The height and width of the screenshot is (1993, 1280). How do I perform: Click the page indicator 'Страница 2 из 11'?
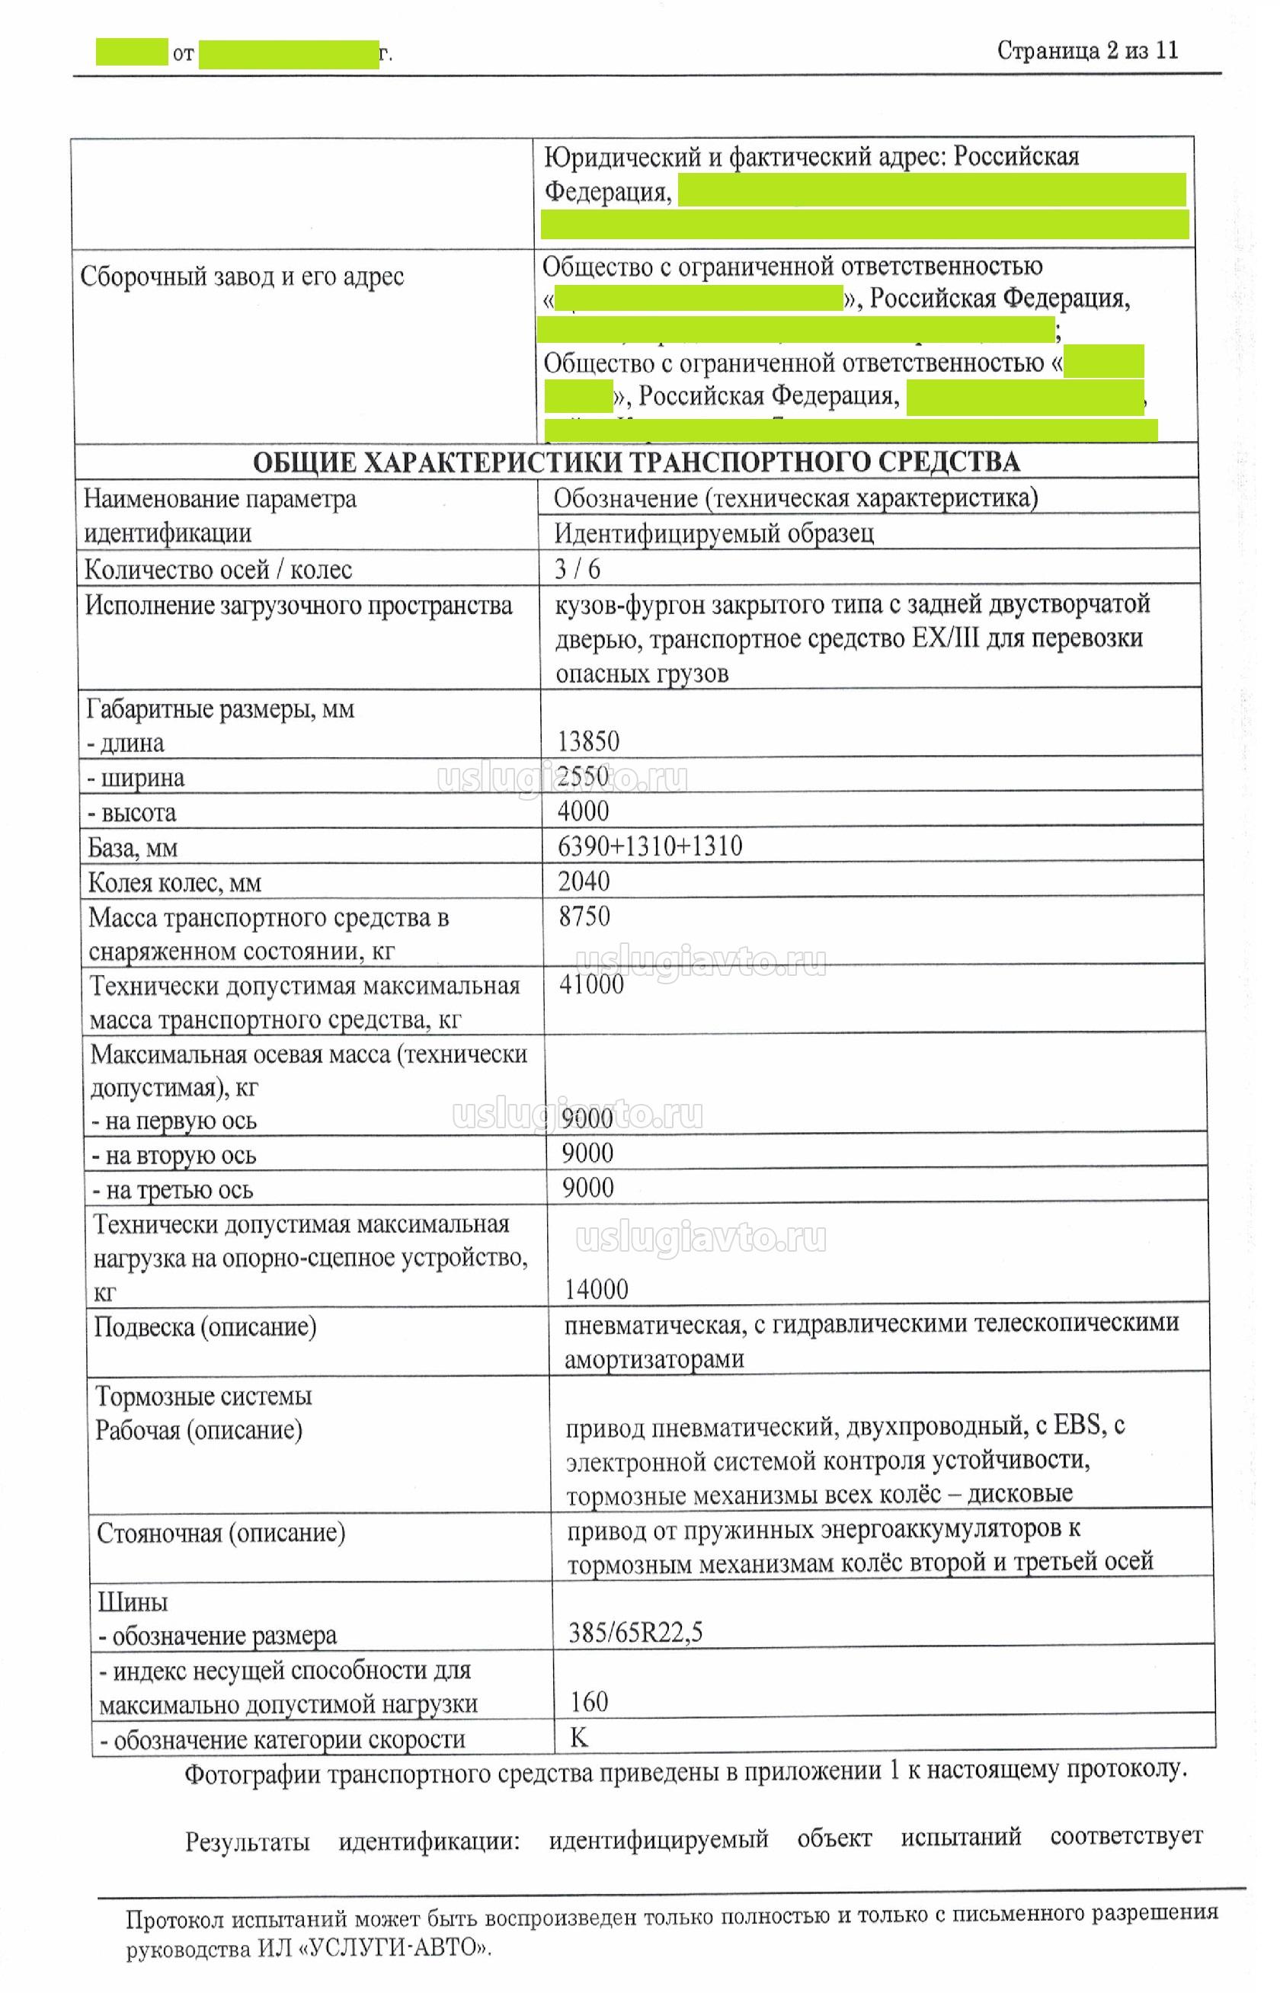point(1087,51)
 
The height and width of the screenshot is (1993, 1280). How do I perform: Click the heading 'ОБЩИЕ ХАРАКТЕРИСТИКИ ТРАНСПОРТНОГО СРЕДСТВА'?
point(636,462)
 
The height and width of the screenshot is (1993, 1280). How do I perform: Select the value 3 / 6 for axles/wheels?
point(577,568)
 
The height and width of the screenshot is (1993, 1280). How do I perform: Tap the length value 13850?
point(588,741)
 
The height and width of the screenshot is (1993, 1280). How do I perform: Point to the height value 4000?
point(584,811)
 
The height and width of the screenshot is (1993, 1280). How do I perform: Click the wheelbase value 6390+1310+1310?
point(650,846)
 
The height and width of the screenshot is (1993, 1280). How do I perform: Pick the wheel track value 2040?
point(584,881)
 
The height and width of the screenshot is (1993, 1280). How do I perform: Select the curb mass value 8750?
point(584,916)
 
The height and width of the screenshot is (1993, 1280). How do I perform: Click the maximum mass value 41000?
point(591,984)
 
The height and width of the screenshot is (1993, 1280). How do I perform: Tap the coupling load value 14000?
point(596,1289)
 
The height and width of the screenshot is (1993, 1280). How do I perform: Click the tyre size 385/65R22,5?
point(635,1633)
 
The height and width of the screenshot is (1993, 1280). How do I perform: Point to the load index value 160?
point(588,1701)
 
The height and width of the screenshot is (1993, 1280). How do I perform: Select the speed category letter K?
point(578,1737)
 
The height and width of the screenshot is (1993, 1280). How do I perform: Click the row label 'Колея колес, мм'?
point(174,883)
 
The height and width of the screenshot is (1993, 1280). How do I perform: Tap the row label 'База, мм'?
point(133,848)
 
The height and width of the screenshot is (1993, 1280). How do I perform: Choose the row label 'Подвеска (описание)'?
point(205,1326)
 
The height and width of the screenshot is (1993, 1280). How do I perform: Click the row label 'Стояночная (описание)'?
point(221,1533)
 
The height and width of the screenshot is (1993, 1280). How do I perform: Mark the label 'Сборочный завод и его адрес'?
point(242,276)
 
